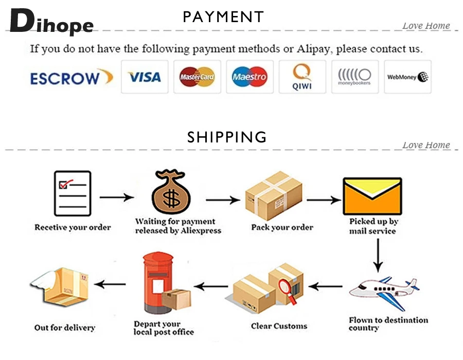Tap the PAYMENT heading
223,17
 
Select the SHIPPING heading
227,137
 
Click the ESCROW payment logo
71,77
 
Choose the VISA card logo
145,77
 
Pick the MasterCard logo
197,77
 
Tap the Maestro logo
250,77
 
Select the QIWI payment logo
302,77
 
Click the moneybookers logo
354,77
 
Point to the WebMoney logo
408,77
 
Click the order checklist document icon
72,194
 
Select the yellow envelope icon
372,196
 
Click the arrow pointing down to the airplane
378,256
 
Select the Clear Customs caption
279,326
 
